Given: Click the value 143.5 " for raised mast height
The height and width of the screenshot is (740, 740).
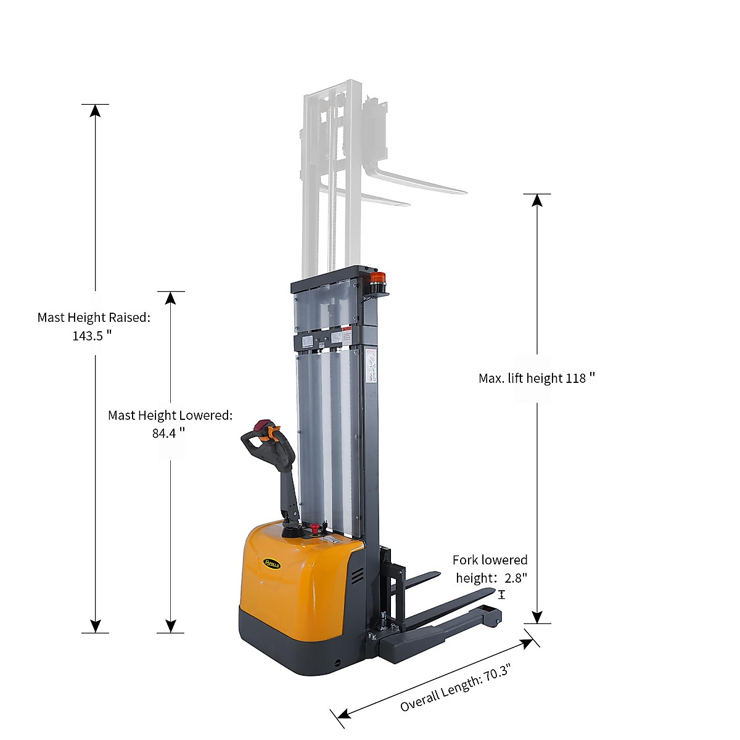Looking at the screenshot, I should pyautogui.click(x=92, y=335).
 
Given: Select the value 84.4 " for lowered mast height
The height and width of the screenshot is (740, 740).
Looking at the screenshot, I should pyautogui.click(x=168, y=433).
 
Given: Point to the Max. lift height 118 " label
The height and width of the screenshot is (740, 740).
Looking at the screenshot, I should pyautogui.click(x=536, y=378).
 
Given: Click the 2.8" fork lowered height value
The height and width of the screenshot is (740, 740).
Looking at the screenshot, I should pyautogui.click(x=516, y=578).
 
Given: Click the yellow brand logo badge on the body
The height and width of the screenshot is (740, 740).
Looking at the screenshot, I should pyautogui.click(x=272, y=562).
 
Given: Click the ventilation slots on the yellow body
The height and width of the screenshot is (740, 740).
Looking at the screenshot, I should pyautogui.click(x=357, y=577).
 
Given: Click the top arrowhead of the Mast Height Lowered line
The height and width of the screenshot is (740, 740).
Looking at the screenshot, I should pyautogui.click(x=171, y=298).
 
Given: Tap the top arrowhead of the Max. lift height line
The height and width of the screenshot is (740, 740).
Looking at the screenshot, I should pyautogui.click(x=537, y=200).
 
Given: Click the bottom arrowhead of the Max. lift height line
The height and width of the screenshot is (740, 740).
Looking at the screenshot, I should pyautogui.click(x=537, y=617).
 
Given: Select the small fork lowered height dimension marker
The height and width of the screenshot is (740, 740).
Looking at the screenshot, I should pyautogui.click(x=501, y=594).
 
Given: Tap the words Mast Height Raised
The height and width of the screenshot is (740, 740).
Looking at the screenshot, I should pyautogui.click(x=92, y=318).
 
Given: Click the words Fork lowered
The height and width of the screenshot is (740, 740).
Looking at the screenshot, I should pyautogui.click(x=490, y=560).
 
